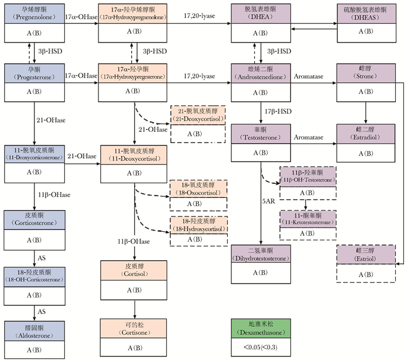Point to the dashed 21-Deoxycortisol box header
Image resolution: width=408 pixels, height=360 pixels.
tap(198, 114)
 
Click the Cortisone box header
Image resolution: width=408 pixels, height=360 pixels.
tap(135, 327)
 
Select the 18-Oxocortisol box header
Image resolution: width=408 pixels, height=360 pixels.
tap(198, 188)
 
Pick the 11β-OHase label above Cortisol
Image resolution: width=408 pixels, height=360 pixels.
tap(135, 241)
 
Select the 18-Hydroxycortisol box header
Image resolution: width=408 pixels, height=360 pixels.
tap(198, 225)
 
